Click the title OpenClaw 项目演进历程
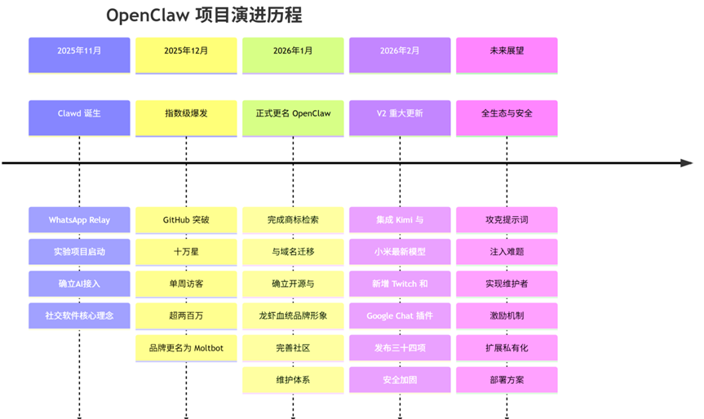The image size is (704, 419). (x=205, y=15)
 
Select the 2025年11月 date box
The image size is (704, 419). (x=79, y=51)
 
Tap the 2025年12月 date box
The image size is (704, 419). (x=186, y=51)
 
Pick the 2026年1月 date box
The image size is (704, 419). (x=293, y=51)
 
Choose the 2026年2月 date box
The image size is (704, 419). (x=400, y=51)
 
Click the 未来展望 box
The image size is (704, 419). (x=507, y=51)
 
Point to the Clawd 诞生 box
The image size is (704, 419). (x=79, y=113)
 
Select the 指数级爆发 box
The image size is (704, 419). (x=186, y=113)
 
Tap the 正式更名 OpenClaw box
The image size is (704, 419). (x=293, y=113)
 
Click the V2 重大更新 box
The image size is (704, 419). (x=400, y=113)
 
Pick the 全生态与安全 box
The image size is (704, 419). (x=507, y=113)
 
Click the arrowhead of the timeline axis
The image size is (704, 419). (x=687, y=163)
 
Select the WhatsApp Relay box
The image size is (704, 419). (x=79, y=220)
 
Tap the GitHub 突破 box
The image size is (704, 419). (x=186, y=220)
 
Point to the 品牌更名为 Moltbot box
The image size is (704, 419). (x=186, y=348)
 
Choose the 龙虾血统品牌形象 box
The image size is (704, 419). (x=293, y=315)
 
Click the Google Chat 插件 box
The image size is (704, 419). (x=400, y=315)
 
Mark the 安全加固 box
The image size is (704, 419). (x=400, y=380)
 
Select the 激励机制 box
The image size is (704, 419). (x=507, y=315)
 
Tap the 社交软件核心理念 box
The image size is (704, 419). (x=79, y=315)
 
